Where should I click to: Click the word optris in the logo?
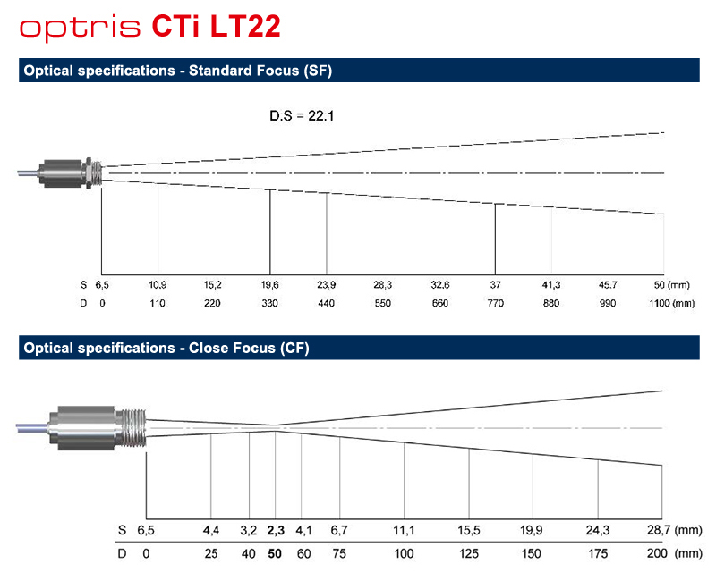[x=80, y=29]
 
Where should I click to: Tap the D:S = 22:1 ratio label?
[x=302, y=116]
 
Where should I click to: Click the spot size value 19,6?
[x=270, y=285]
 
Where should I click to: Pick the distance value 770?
[x=496, y=303]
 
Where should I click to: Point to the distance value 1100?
[x=660, y=303]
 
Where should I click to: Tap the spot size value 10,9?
[x=158, y=285]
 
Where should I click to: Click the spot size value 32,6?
[x=440, y=285]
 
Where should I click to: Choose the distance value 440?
[x=326, y=303]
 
